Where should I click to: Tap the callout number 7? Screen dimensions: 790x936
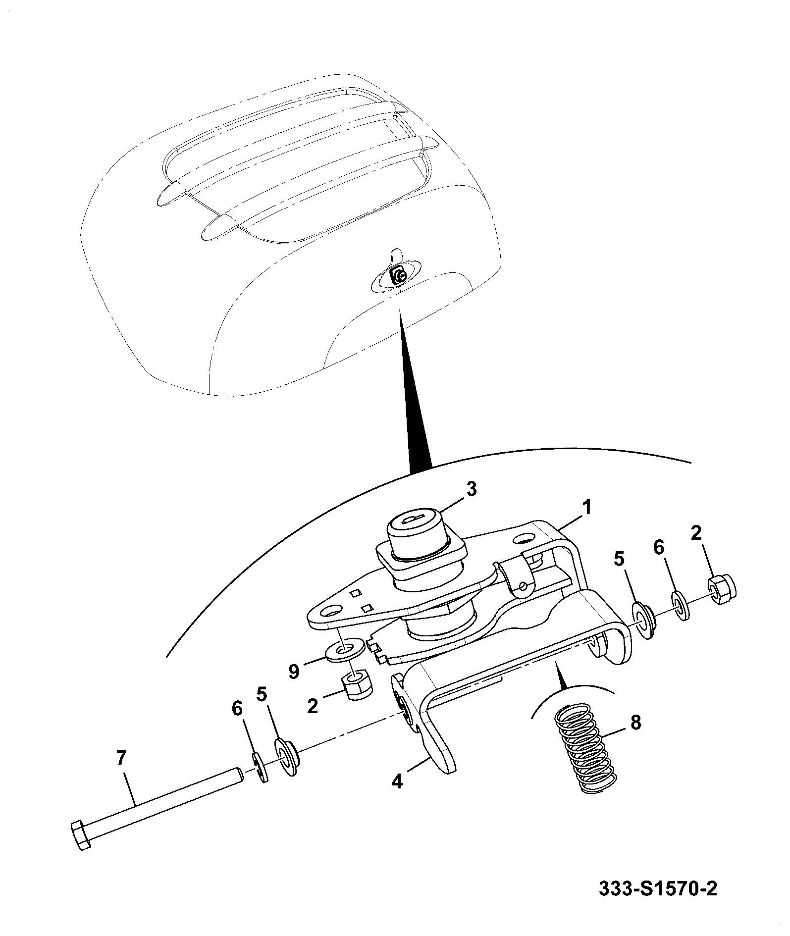[121, 758]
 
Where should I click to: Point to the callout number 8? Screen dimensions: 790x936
[635, 722]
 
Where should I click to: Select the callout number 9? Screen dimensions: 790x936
[294, 672]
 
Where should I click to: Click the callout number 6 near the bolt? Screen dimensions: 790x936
[237, 709]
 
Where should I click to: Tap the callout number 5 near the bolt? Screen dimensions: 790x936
[262, 694]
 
